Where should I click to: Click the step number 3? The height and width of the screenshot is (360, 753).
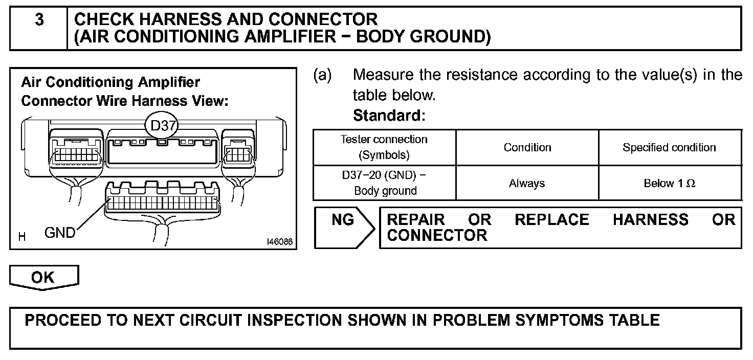pyautogui.click(x=39, y=20)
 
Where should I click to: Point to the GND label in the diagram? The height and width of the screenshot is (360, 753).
pyautogui.click(x=60, y=233)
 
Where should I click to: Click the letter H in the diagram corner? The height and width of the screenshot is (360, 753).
pyautogui.click(x=22, y=237)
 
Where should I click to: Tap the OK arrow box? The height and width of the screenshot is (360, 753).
pyautogui.click(x=44, y=277)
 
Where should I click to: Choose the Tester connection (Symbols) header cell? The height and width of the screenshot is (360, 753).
pyautogui.click(x=384, y=147)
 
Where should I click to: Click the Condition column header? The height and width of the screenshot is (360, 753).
pyautogui.click(x=527, y=147)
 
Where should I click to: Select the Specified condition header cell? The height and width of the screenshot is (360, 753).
pyautogui.click(x=669, y=147)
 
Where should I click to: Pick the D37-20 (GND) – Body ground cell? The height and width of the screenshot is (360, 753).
pyautogui.click(x=384, y=183)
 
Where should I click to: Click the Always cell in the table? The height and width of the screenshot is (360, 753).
pyautogui.click(x=527, y=183)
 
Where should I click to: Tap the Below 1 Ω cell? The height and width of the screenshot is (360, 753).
pyautogui.click(x=669, y=183)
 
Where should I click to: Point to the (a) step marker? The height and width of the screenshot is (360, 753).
pyautogui.click(x=322, y=75)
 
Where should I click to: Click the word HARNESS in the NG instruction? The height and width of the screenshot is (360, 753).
pyautogui.click(x=650, y=220)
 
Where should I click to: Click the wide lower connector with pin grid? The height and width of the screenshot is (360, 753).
pyautogui.click(x=163, y=204)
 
